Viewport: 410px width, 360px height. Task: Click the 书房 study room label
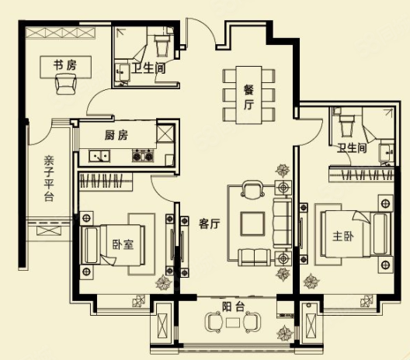click(x=64, y=64)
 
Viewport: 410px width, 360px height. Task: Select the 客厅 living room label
click(x=210, y=223)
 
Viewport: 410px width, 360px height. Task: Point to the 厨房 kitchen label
click(x=116, y=135)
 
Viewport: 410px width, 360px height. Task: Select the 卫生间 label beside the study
click(x=148, y=68)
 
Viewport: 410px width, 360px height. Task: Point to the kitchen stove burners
click(x=141, y=156)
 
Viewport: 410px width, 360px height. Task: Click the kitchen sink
click(x=99, y=156)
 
